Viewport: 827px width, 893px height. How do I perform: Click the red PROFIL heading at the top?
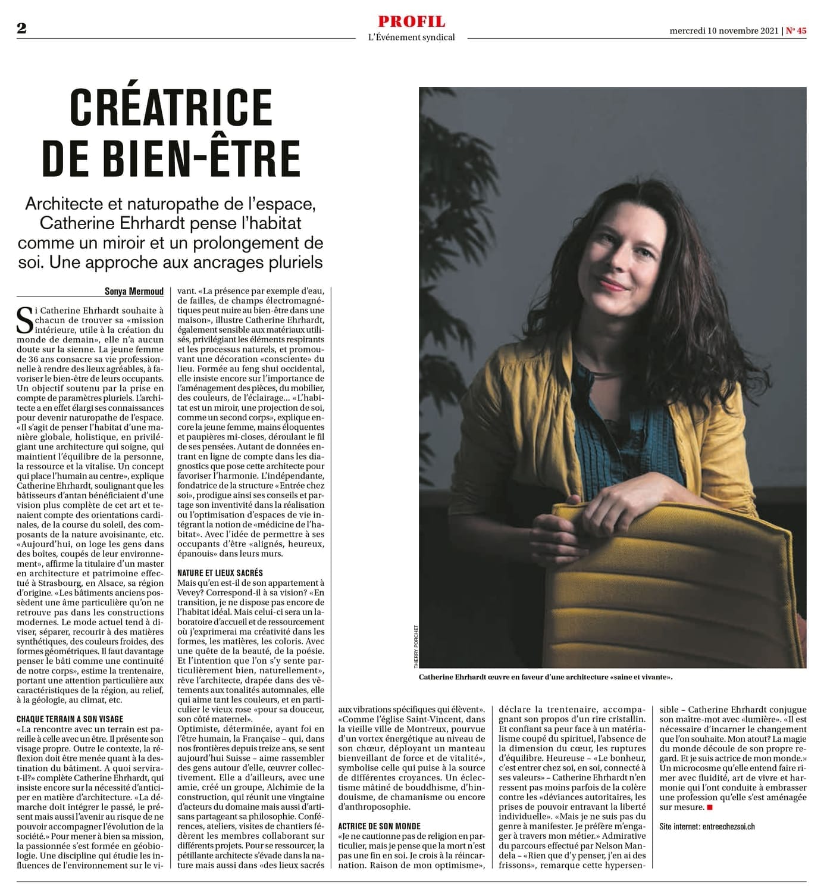pyautogui.click(x=411, y=21)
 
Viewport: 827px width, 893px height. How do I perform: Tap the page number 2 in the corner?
pyautogui.click(x=21, y=29)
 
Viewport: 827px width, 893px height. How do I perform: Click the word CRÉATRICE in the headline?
pyautogui.click(x=171, y=107)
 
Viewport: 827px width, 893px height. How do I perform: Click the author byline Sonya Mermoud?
pyautogui.click(x=134, y=291)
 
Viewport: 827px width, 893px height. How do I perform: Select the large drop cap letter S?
pyautogui.click(x=26, y=320)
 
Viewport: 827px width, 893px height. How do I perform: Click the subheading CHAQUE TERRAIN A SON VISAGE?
pyautogui.click(x=70, y=719)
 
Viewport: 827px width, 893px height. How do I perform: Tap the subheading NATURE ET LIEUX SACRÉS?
pyautogui.click(x=220, y=573)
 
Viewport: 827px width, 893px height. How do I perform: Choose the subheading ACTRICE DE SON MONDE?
pyautogui.click(x=379, y=826)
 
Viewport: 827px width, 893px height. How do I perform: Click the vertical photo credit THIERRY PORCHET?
pyautogui.click(x=416, y=646)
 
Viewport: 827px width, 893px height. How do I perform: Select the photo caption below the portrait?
pyautogui.click(x=546, y=677)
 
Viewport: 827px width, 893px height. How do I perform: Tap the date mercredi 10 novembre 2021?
pyautogui.click(x=724, y=31)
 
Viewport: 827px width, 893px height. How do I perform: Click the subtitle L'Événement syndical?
pyautogui.click(x=411, y=37)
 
